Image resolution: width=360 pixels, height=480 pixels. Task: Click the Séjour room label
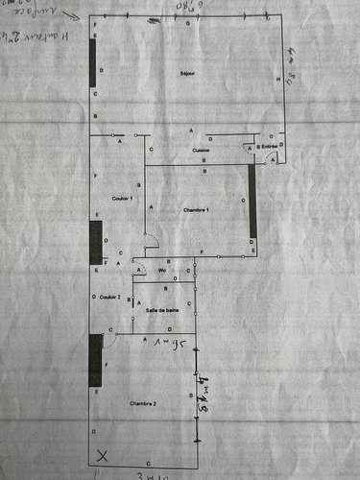[186, 74]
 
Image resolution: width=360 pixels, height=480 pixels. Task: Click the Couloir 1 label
[121, 199]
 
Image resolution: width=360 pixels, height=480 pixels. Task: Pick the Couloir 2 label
[109, 298]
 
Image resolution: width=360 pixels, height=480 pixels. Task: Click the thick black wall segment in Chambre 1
[251, 201]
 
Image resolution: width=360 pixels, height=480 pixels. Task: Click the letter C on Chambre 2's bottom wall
[146, 464]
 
